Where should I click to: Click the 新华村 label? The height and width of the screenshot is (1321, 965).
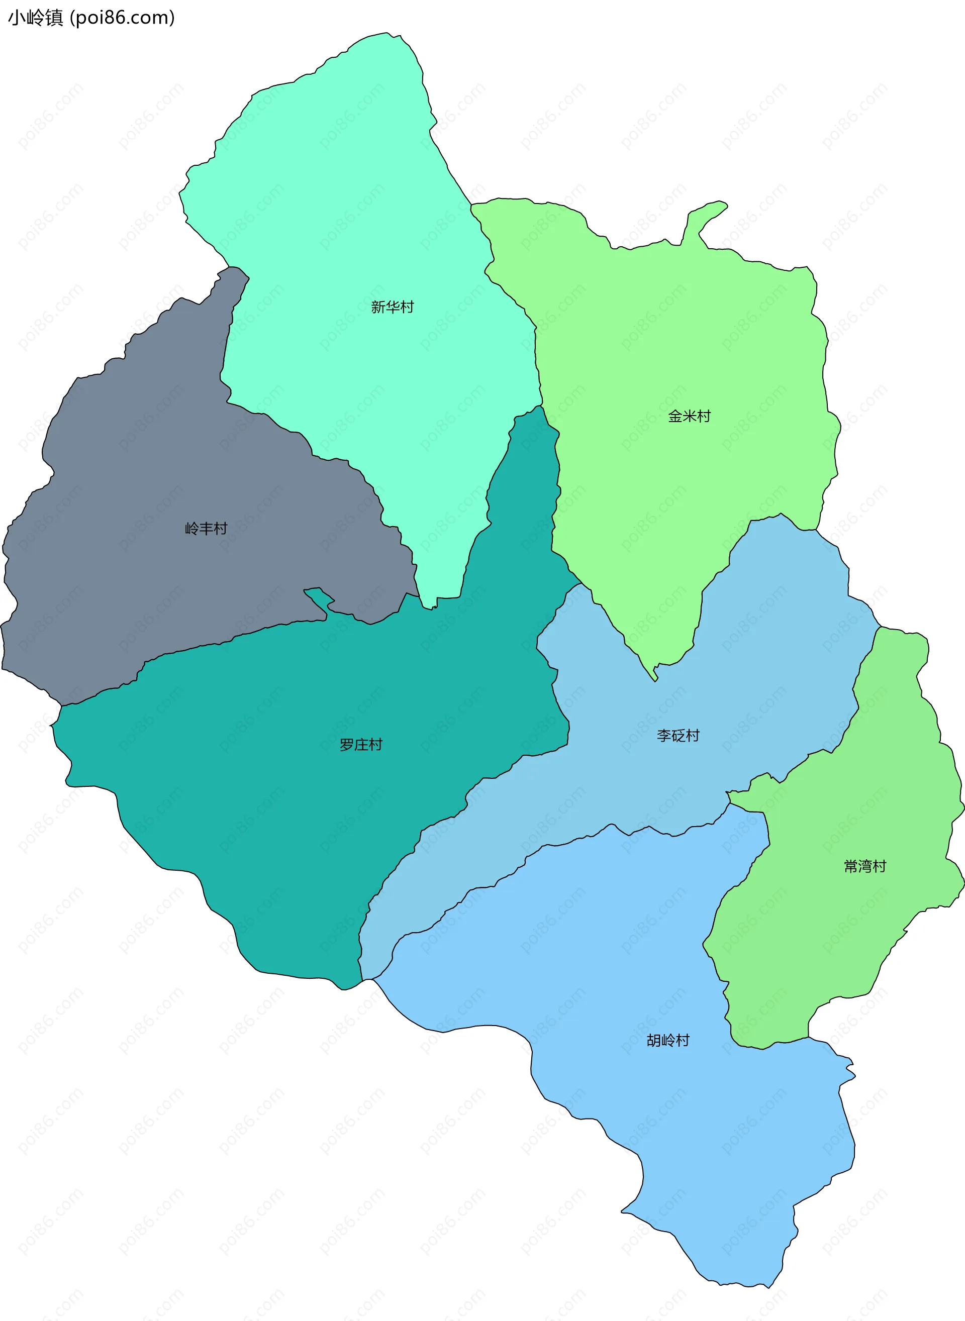(x=392, y=307)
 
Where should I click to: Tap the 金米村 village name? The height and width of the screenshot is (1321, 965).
(x=689, y=417)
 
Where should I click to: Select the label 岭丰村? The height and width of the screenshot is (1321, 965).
(x=206, y=529)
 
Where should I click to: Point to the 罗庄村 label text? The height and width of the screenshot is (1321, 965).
(x=361, y=745)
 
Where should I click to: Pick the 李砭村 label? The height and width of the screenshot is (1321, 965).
(x=678, y=735)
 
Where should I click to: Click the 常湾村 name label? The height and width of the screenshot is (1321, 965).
(x=865, y=866)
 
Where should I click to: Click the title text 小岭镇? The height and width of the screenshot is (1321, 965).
(x=35, y=18)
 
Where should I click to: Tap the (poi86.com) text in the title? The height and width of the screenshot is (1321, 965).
(x=123, y=18)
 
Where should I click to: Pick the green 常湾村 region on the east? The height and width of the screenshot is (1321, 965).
(x=847, y=935)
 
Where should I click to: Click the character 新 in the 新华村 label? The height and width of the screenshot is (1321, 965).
(x=378, y=307)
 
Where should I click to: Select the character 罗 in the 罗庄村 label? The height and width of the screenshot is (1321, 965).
(x=347, y=745)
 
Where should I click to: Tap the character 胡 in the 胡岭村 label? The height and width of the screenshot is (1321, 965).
(x=654, y=1040)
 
